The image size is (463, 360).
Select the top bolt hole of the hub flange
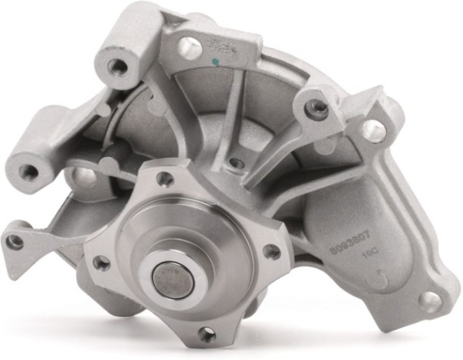coord(161,178)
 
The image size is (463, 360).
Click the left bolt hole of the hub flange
coord(98,262)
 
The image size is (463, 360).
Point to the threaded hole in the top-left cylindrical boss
coord(118,67)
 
